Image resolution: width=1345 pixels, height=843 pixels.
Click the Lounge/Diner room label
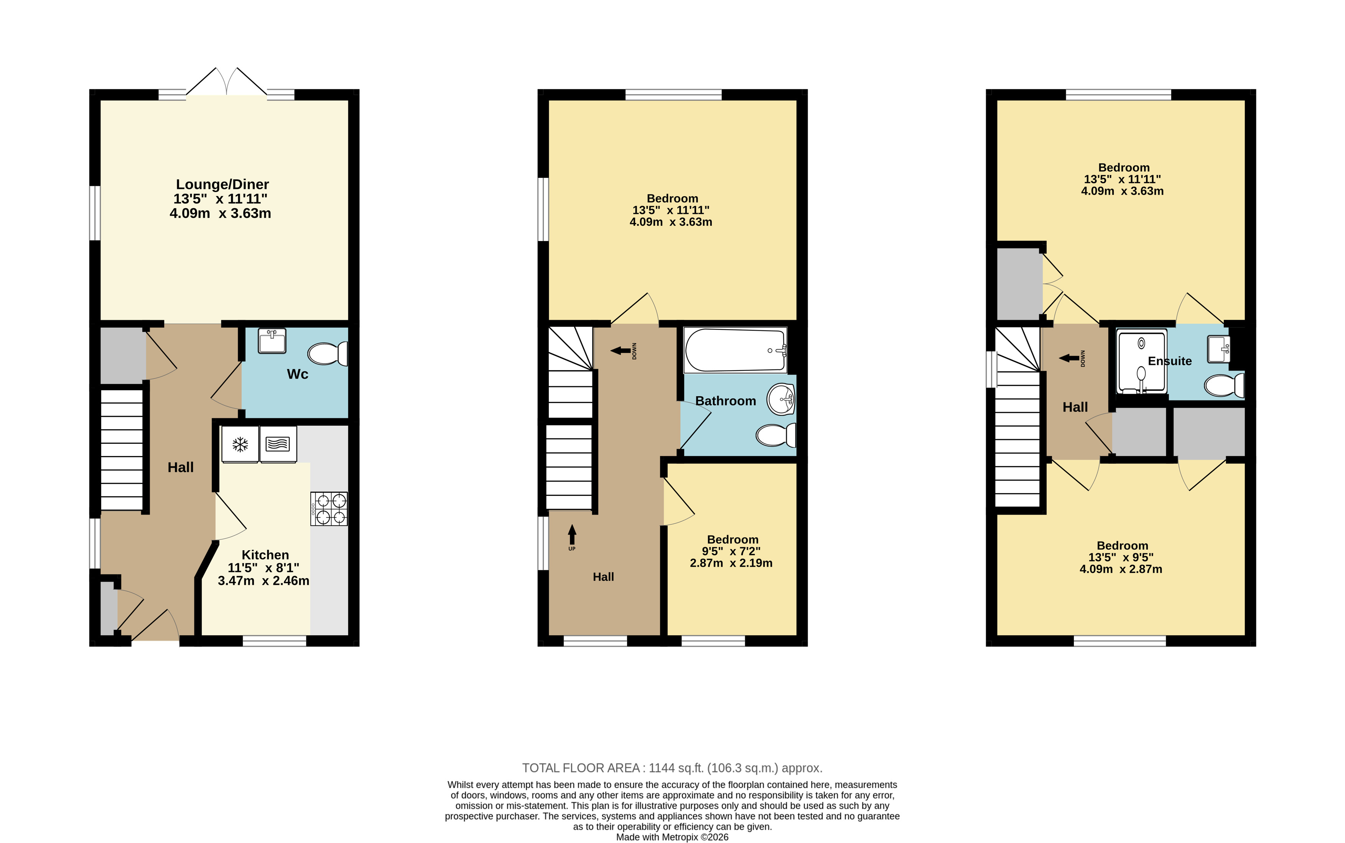(222, 185)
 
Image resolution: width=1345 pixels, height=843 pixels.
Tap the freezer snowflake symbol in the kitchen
(240, 444)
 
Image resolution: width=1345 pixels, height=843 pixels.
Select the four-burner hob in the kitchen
(329, 508)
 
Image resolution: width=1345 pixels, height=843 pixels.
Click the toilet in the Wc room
(328, 353)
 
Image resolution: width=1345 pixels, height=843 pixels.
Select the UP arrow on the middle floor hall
(572, 535)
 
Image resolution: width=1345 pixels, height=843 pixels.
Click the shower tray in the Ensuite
(1141, 362)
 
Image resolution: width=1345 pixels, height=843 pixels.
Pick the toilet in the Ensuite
(1225, 385)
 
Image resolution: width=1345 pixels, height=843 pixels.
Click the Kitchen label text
(265, 555)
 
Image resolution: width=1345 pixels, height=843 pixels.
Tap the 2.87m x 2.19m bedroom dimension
(731, 563)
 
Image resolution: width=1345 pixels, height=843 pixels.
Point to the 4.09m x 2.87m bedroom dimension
(1121, 569)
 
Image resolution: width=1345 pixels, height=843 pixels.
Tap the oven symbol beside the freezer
(278, 444)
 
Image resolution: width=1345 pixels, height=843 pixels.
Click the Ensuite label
(1170, 361)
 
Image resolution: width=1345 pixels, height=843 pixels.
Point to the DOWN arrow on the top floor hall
(1069, 358)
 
